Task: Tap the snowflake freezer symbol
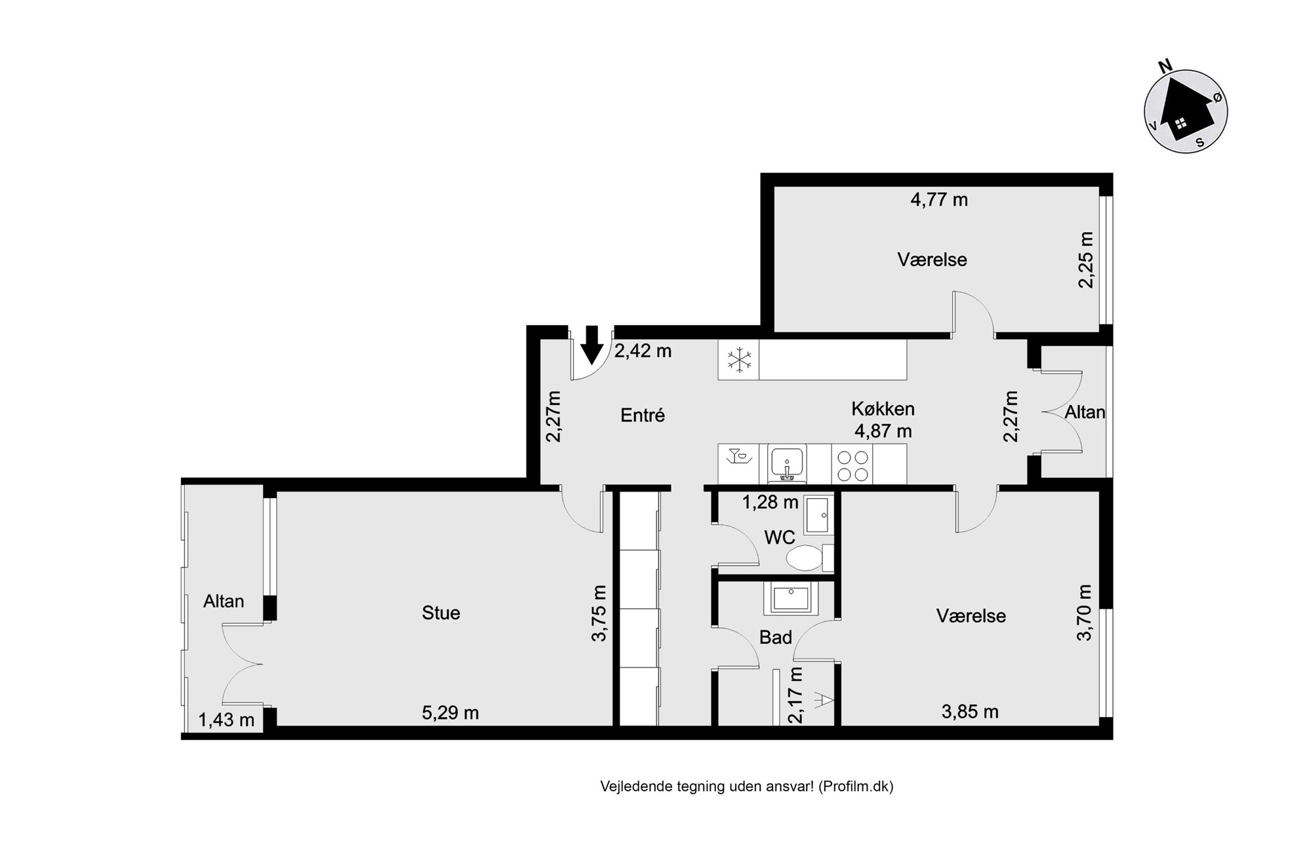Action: click(739, 360)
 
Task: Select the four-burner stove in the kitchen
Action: click(852, 465)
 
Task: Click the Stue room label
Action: click(441, 613)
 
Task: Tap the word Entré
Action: click(643, 415)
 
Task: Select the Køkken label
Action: click(883, 409)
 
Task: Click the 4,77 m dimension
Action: click(939, 199)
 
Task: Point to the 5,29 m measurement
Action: click(450, 712)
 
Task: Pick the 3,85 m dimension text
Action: click(970, 712)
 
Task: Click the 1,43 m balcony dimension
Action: click(226, 720)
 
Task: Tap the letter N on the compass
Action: click(1165, 66)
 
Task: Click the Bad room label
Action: click(776, 638)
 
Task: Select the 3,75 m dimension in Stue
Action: click(599, 613)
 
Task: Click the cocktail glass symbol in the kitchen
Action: click(739, 455)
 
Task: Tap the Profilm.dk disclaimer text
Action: click(747, 786)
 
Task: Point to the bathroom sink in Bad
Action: click(791, 598)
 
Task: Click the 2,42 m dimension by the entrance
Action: click(643, 351)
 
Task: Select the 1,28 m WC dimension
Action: click(770, 503)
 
